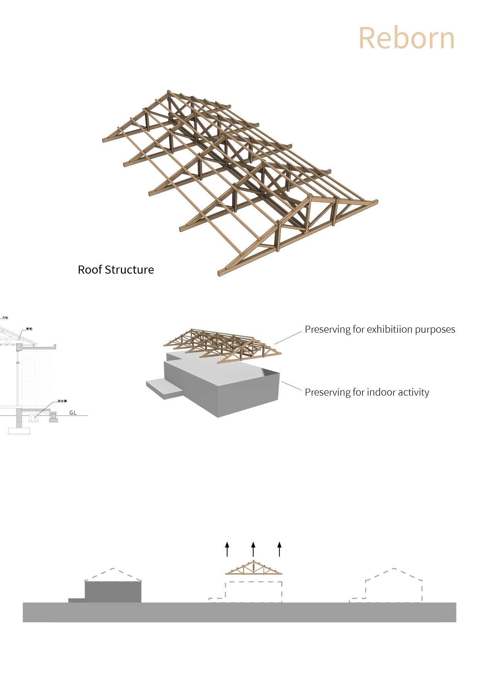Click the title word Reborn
pyautogui.click(x=407, y=38)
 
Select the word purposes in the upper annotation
pyautogui.click(x=435, y=330)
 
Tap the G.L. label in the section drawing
pyautogui.click(x=73, y=413)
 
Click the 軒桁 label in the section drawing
pyautogui.click(x=29, y=329)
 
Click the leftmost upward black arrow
pyautogui.click(x=227, y=549)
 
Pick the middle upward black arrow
pyautogui.click(x=253, y=549)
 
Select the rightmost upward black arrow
pyautogui.click(x=279, y=549)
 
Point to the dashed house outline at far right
pyautogui.click(x=393, y=585)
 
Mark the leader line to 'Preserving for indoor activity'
pyautogui.click(x=292, y=387)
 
